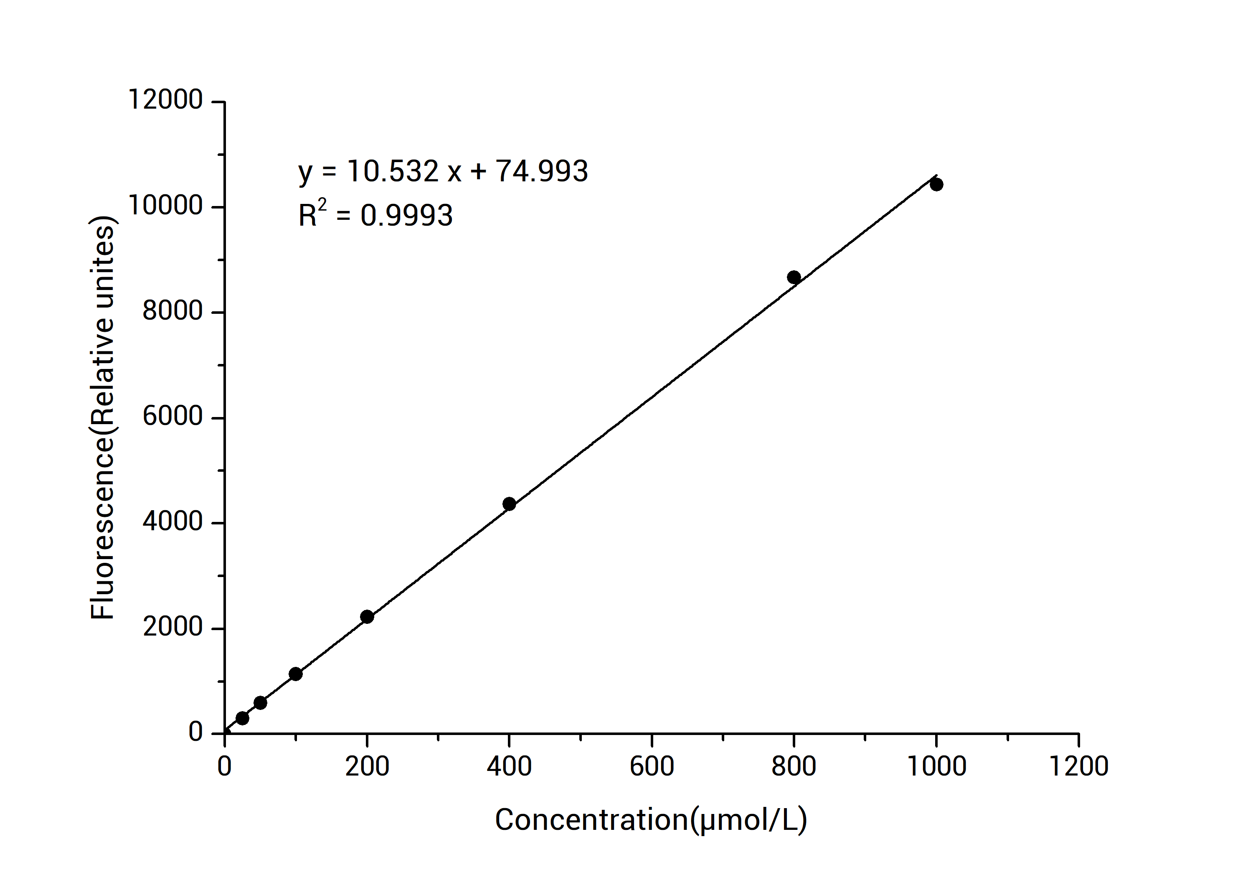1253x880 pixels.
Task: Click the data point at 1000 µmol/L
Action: [x=936, y=185]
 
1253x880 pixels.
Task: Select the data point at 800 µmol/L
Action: [x=794, y=277]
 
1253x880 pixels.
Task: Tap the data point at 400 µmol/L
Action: [x=509, y=504]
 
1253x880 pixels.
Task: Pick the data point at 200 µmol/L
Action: [x=367, y=617]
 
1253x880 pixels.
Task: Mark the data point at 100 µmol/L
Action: [x=295, y=674]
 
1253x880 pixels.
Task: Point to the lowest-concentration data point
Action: [x=242, y=718]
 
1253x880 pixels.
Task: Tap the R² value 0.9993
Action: [x=406, y=216]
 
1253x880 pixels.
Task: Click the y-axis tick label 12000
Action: [x=165, y=100]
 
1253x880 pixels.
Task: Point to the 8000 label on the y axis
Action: [x=172, y=312]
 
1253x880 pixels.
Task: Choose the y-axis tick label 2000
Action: [x=172, y=627]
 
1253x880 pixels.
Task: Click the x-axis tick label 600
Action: [x=652, y=766]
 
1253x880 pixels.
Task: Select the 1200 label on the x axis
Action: [x=1078, y=766]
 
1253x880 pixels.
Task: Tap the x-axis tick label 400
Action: [x=509, y=766]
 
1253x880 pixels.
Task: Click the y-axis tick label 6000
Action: [x=172, y=417]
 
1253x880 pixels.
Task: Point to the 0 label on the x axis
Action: [x=224, y=766]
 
